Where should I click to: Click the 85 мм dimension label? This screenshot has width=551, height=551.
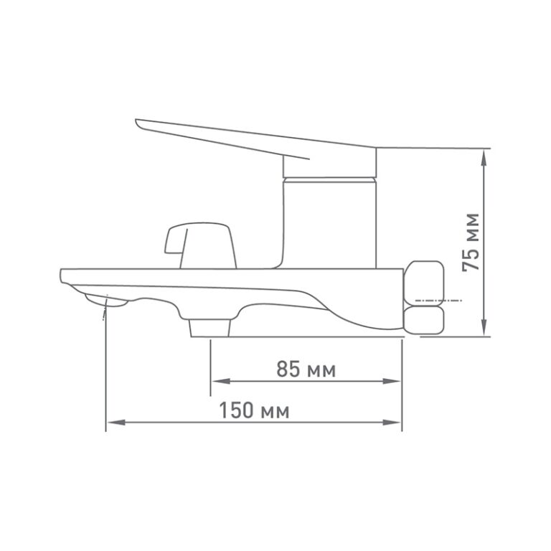(306, 369)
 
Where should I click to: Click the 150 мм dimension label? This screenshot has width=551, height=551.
(254, 410)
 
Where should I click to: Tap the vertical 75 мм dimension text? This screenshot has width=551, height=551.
(471, 242)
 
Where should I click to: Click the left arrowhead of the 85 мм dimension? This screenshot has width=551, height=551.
(221, 381)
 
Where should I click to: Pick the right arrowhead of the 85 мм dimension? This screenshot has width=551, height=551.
(392, 381)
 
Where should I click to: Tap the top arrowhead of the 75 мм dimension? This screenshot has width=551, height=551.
(484, 158)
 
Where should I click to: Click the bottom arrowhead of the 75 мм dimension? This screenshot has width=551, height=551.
(484, 327)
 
